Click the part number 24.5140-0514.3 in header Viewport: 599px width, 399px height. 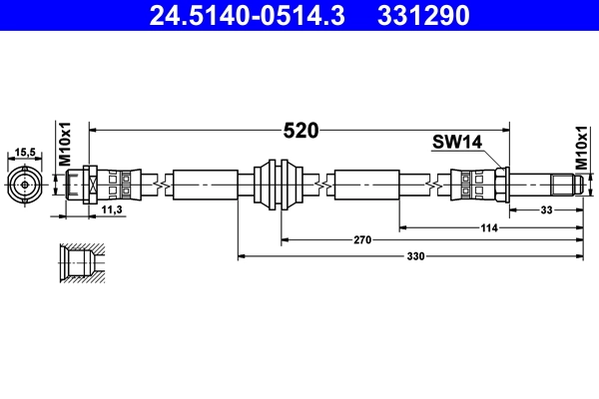tap(253, 16)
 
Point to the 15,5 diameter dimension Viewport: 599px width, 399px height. tap(24, 153)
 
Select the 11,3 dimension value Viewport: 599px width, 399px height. tap(113, 209)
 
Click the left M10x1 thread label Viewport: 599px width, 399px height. tap(64, 146)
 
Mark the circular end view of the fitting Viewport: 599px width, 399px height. tap(24, 184)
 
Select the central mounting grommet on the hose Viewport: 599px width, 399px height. tap(277, 184)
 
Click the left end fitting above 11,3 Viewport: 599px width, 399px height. tap(80, 184)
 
